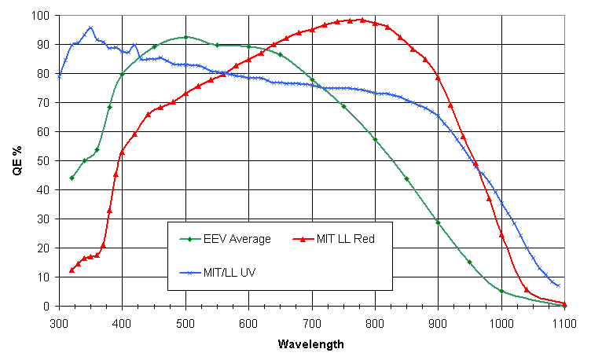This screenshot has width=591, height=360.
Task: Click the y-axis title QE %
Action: point(17,160)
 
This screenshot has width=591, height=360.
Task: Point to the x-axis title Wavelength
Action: point(311,344)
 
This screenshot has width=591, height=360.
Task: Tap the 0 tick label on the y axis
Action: point(48,306)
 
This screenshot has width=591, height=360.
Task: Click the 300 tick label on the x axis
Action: point(59,322)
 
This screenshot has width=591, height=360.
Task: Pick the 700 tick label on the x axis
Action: point(312,322)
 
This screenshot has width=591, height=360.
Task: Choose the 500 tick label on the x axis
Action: point(185,322)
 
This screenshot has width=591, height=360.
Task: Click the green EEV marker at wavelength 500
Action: point(185,37)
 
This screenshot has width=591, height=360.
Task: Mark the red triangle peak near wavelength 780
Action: point(362,20)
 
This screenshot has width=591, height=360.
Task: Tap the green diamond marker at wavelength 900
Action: point(438,222)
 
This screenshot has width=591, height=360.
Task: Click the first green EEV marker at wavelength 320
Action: point(72,178)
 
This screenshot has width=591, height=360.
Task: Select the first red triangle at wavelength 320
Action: point(72,270)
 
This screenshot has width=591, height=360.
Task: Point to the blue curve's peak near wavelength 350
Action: point(90,28)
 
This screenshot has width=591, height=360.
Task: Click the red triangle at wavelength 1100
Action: point(564,303)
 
